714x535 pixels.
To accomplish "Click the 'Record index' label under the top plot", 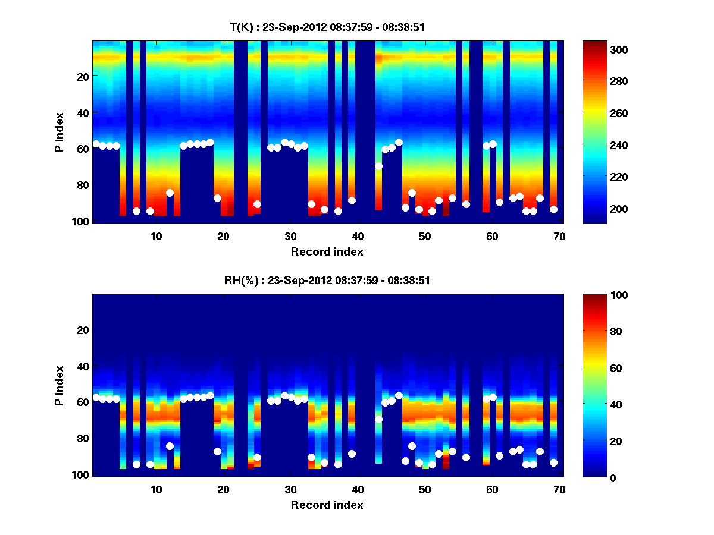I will click(327, 251).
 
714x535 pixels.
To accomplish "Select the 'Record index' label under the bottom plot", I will click(327, 505).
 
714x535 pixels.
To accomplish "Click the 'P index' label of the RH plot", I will click(59, 385).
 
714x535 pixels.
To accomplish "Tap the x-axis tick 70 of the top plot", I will click(559, 236).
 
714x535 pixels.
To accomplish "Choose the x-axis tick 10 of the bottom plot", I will click(156, 489).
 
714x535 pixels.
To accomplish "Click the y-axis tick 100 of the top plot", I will click(82, 221).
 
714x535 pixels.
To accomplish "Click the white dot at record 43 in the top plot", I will click(378, 166).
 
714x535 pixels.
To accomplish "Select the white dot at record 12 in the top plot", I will click(170, 193).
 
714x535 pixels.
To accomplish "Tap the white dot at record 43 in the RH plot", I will click(378, 419).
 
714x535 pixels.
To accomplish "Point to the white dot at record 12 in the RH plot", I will click(170, 446).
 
